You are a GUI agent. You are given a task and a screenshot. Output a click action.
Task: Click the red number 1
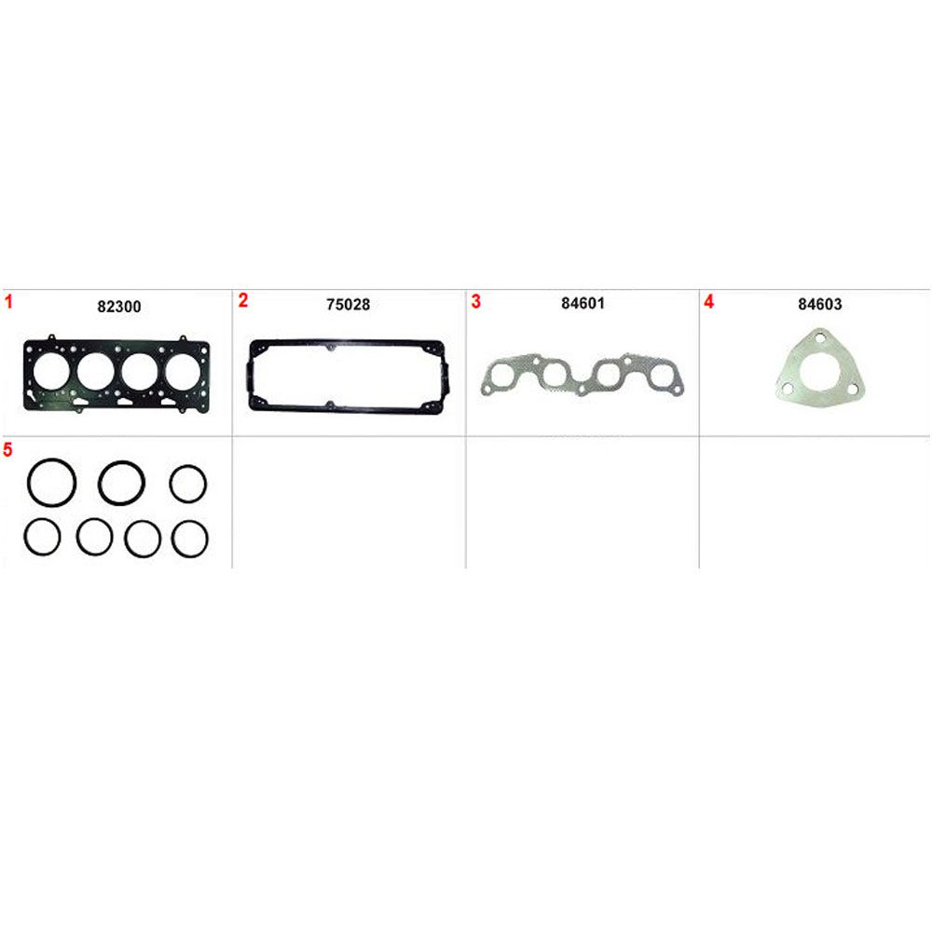8,302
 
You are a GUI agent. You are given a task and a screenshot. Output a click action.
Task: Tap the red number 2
242,301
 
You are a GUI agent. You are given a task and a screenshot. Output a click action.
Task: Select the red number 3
475,301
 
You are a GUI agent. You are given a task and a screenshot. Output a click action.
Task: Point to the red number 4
708,301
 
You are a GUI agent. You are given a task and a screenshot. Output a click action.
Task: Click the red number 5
7,449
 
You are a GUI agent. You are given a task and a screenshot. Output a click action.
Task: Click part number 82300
119,307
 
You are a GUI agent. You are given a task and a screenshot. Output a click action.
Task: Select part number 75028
349,305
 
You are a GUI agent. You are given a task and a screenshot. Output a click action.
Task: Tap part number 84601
582,303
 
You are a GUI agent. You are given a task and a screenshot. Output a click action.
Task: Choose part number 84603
819,305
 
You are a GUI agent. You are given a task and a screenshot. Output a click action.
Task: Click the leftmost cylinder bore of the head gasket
51,372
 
